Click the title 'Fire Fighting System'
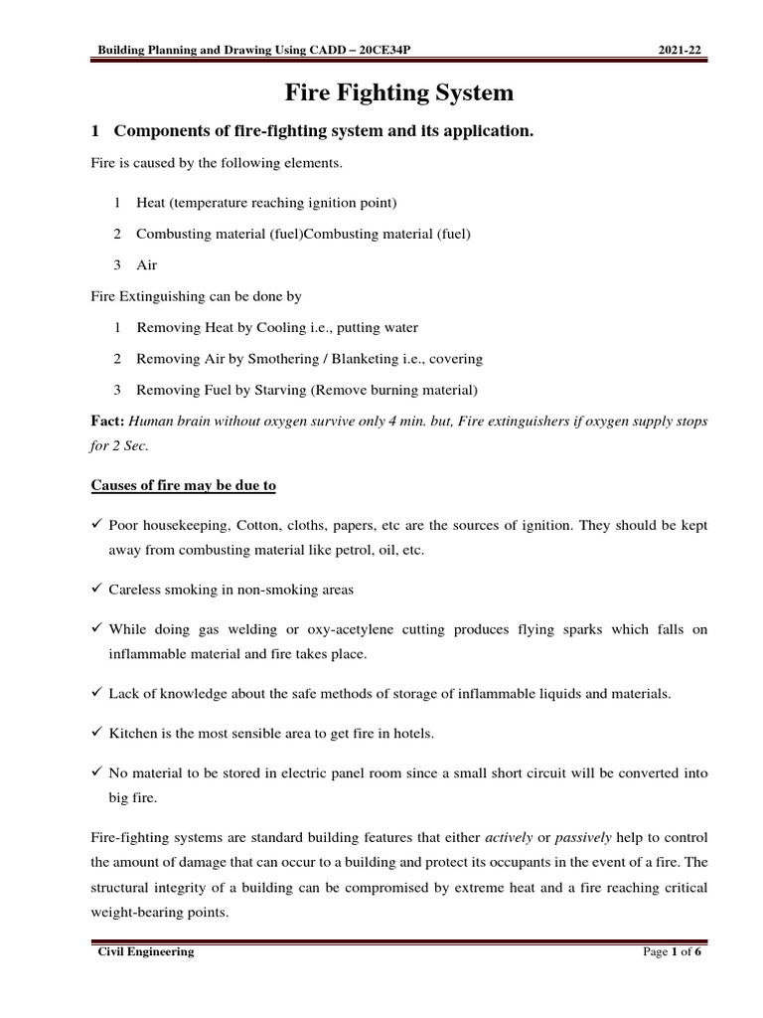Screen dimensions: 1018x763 (x=399, y=93)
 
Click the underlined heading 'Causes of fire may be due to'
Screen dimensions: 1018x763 (x=184, y=485)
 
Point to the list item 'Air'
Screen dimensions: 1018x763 (x=147, y=265)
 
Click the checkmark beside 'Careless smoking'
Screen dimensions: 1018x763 (x=96, y=590)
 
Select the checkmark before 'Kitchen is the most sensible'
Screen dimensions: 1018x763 (x=96, y=733)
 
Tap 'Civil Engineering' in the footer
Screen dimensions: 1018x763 (x=145, y=951)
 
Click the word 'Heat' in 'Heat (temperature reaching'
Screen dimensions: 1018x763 (x=151, y=203)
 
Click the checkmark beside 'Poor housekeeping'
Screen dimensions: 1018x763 (x=96, y=524)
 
